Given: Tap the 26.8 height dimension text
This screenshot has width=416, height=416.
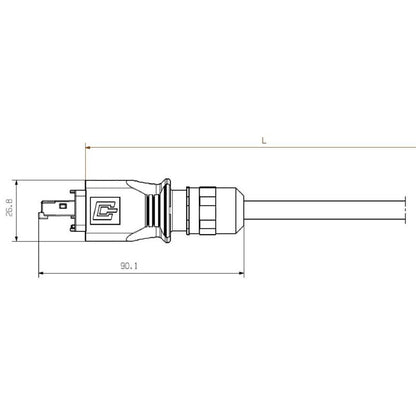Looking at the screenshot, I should (x=11, y=211).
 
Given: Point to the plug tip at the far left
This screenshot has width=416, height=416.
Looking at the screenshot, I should (x=43, y=211).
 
